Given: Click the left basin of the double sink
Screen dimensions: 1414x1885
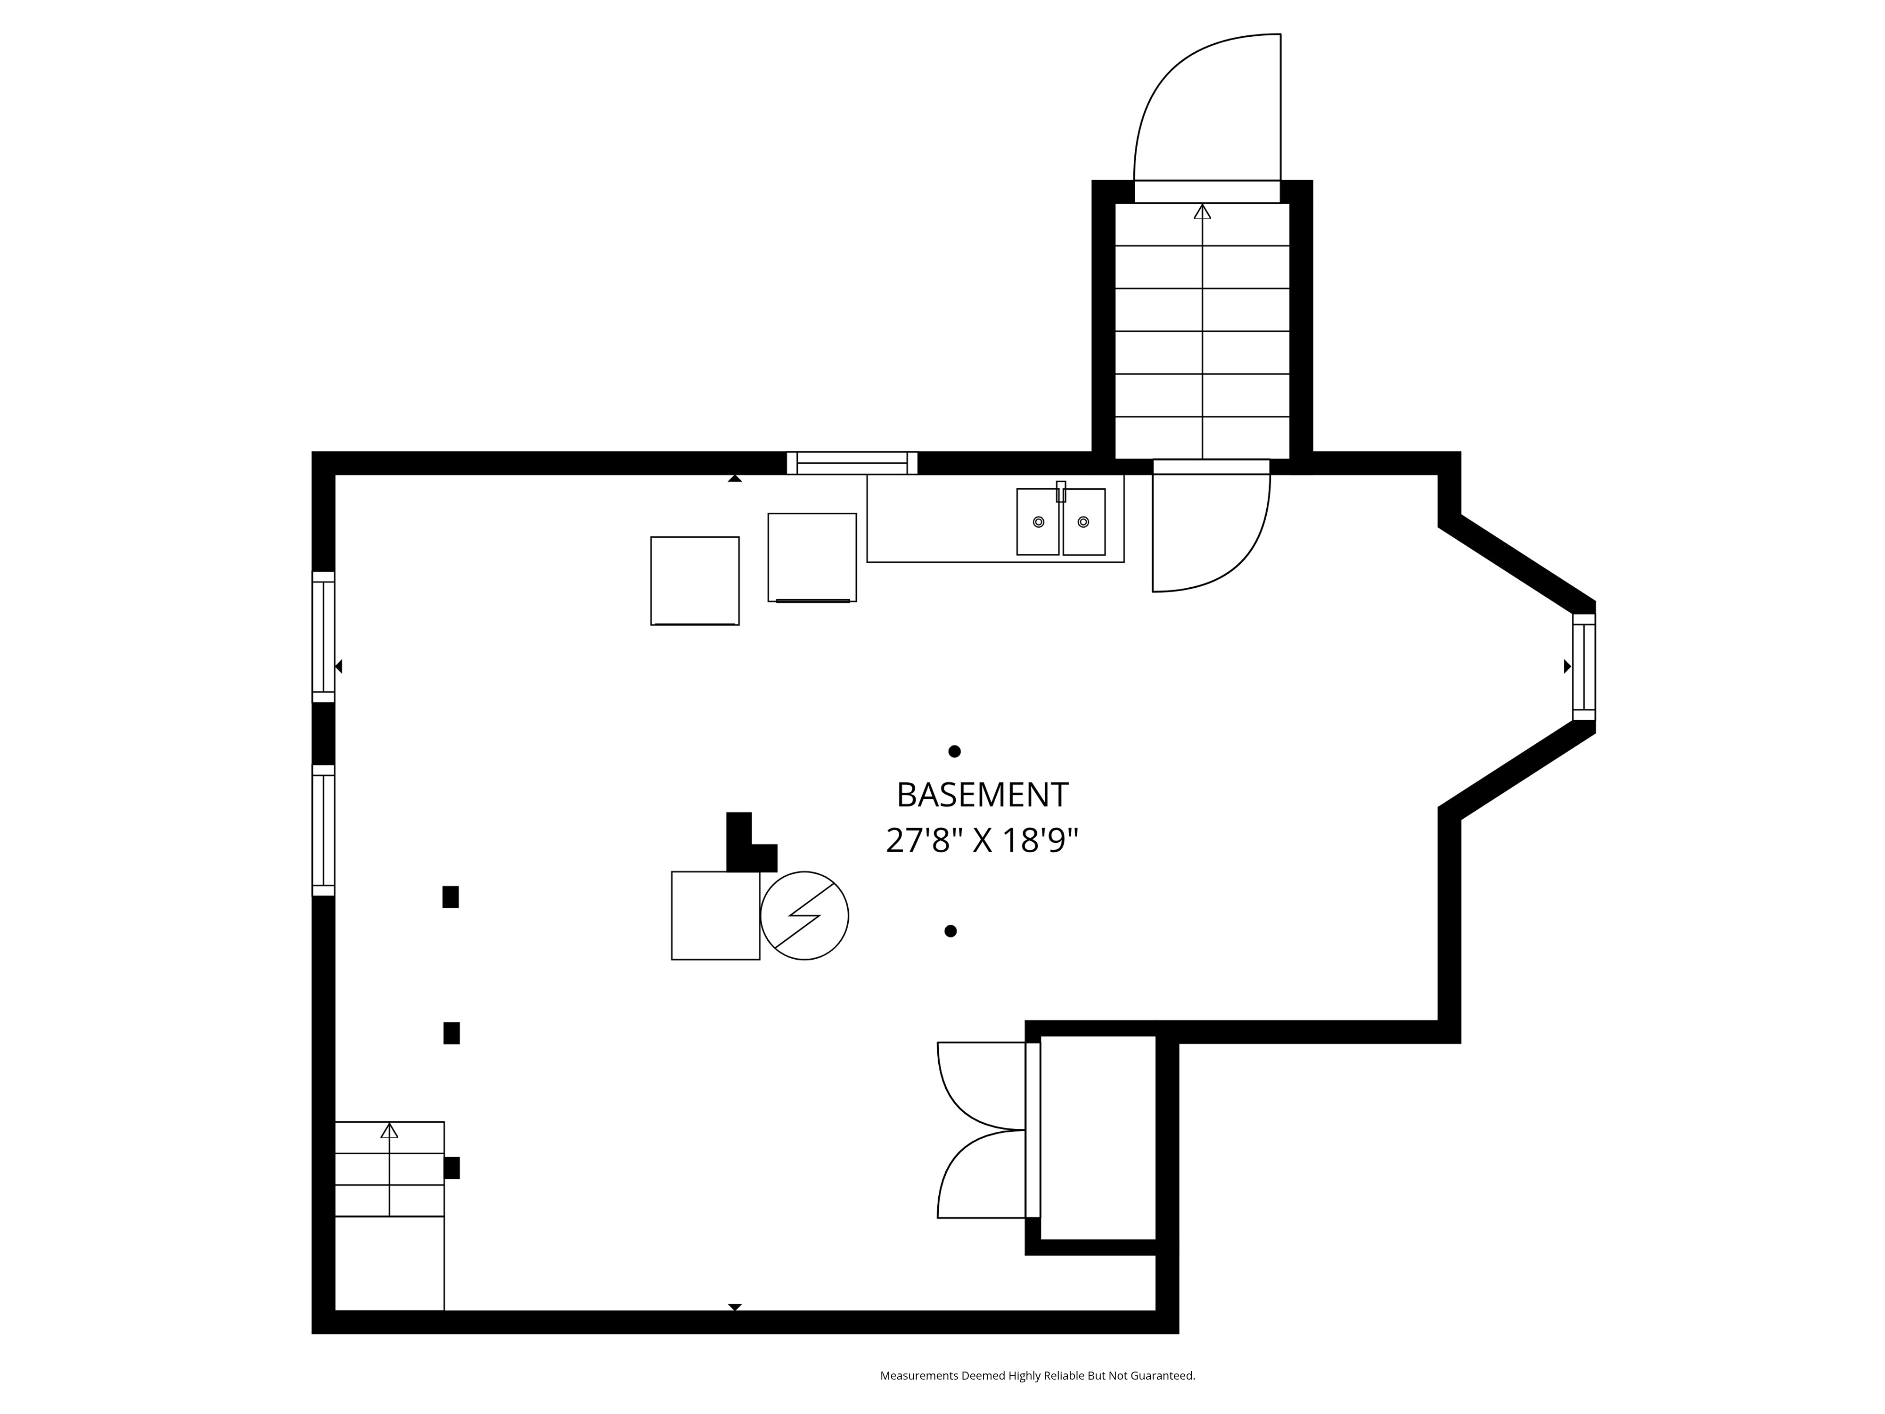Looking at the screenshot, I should click(x=1038, y=522).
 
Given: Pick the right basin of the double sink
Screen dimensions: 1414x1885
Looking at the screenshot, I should click(x=1084, y=522).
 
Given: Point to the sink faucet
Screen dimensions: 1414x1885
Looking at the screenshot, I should click(x=1061, y=492).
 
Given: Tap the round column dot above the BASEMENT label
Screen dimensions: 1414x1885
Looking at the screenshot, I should click(x=954, y=751).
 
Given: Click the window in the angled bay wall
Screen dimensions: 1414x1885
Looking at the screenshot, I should click(x=1583, y=666).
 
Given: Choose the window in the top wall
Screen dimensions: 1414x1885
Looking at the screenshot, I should click(x=852, y=463).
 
